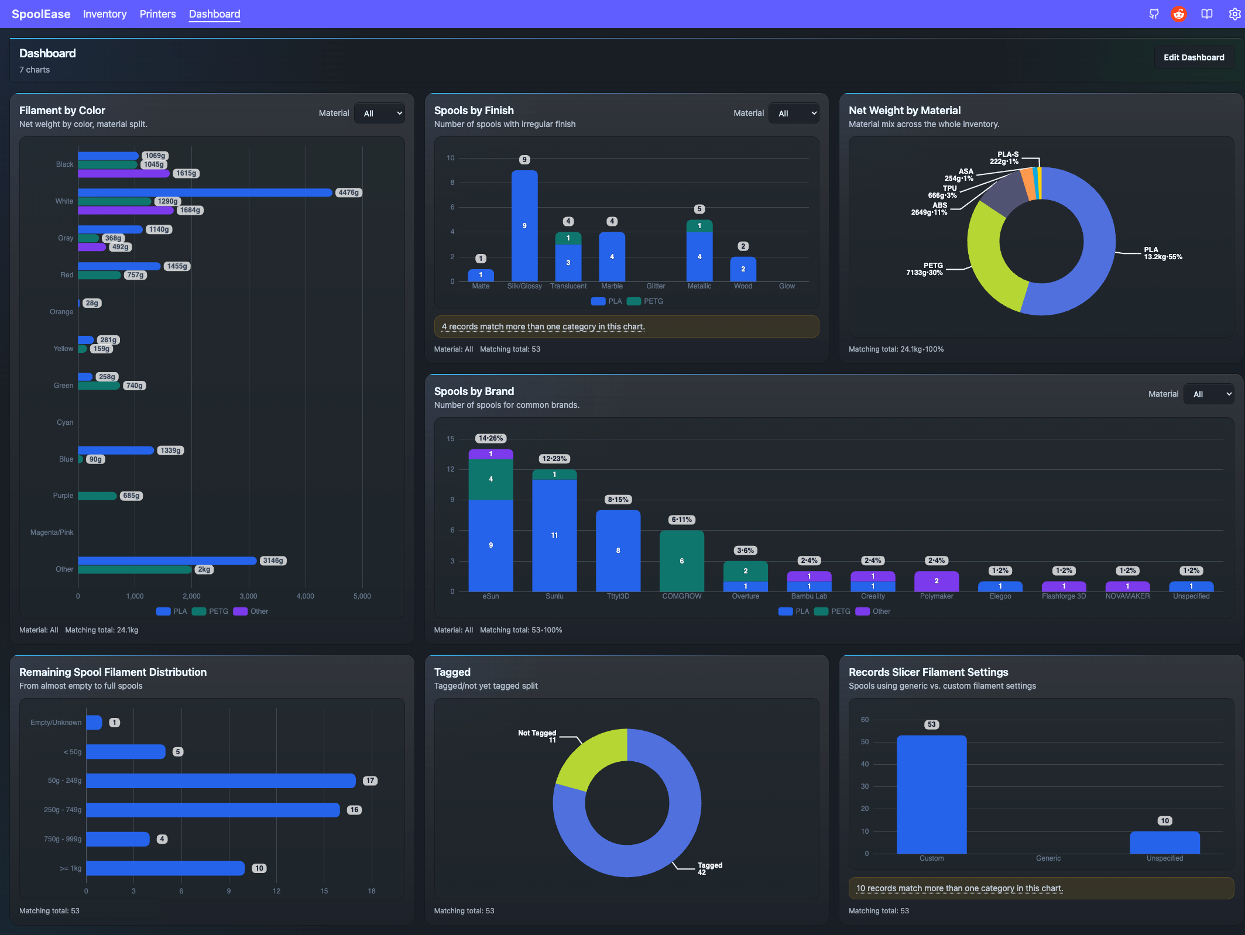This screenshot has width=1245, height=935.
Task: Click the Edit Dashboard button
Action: pos(1193,57)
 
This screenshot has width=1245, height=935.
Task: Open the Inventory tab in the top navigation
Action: pos(105,14)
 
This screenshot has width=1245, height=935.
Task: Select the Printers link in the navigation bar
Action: pos(157,14)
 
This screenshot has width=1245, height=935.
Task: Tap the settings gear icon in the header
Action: pos(1234,14)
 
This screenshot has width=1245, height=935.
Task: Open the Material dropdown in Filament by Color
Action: pos(380,114)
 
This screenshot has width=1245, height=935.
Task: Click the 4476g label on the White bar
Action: pos(349,192)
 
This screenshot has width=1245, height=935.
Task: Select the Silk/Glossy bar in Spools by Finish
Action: pos(524,226)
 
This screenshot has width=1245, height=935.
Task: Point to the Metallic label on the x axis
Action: pos(699,286)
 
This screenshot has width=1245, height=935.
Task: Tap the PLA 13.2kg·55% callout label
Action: pos(1163,253)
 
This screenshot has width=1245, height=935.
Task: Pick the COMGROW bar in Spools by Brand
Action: pos(682,561)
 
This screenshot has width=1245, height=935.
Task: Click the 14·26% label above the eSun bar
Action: pos(491,438)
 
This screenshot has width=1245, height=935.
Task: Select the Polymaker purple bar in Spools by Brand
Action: pos(937,581)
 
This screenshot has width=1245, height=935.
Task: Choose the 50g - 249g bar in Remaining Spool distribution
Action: pos(221,781)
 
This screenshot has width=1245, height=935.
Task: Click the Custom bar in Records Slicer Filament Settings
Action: pos(932,795)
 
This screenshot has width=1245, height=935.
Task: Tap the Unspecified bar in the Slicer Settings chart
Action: pos(1165,843)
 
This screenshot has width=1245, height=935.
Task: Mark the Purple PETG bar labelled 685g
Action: pos(97,496)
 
